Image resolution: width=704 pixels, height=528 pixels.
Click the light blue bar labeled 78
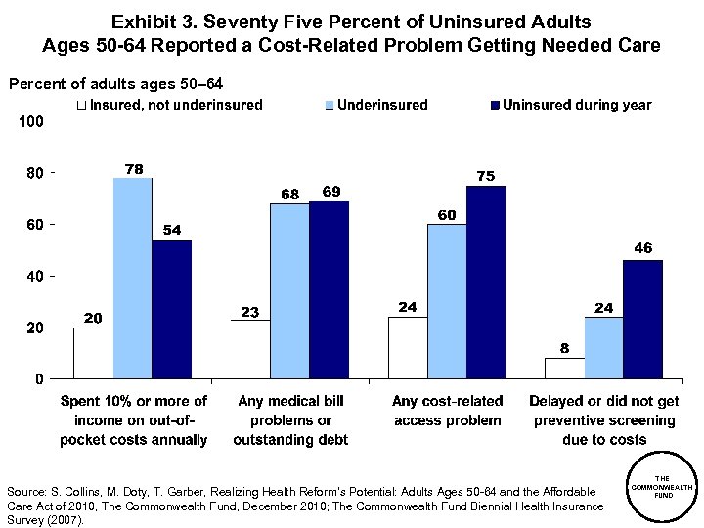[133, 278]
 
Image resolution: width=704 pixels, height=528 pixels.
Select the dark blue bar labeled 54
[171, 308]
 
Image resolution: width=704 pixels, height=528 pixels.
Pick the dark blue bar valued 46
[642, 319]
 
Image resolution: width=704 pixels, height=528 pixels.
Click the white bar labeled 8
[564, 368]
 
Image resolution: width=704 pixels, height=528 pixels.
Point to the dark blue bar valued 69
[329, 289]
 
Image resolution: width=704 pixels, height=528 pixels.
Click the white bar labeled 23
[250, 348]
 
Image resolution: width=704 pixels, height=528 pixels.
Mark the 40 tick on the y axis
[31, 277]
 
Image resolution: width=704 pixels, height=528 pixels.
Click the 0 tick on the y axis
[38, 379]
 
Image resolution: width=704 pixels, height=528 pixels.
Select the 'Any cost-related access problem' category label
[448, 411]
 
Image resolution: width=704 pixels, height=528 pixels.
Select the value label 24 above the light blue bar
[603, 308]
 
